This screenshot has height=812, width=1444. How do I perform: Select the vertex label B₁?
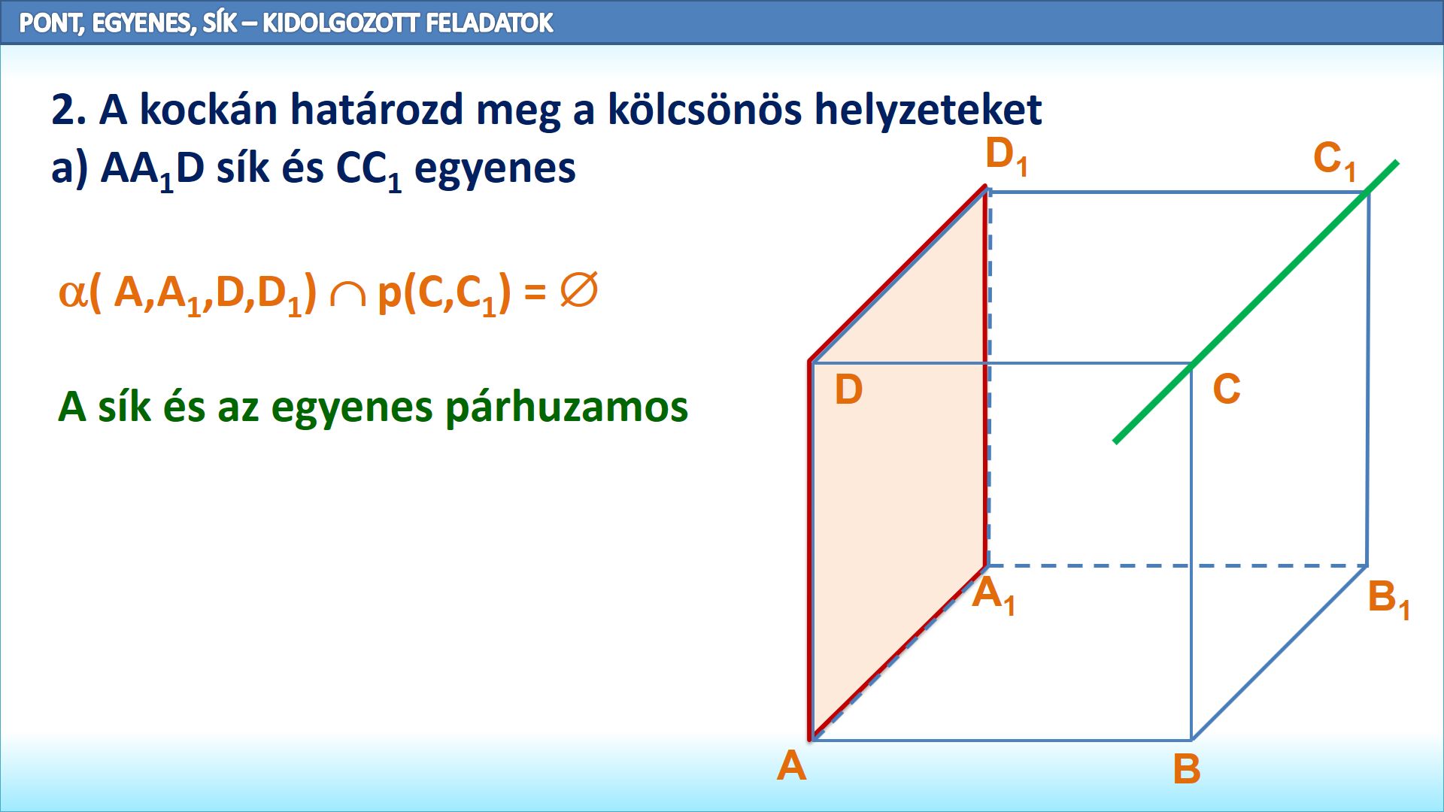point(1388,600)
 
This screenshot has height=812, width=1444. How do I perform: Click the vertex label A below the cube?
point(792,766)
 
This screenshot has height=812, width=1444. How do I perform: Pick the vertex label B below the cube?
point(1187,769)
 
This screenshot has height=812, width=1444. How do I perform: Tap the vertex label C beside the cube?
point(1227,389)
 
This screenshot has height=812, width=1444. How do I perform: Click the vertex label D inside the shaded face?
point(848,390)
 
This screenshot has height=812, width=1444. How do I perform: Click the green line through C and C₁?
point(1256,301)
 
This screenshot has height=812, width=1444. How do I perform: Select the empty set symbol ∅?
point(579,290)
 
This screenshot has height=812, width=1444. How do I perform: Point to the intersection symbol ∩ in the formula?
point(347,295)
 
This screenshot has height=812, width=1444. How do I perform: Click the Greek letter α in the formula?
point(72,293)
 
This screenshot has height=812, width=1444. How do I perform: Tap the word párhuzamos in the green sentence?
point(566,408)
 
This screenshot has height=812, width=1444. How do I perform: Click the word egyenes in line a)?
point(495,169)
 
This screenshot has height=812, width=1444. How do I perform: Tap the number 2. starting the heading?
point(68,111)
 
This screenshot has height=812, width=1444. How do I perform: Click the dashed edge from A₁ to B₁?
point(1177,565)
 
